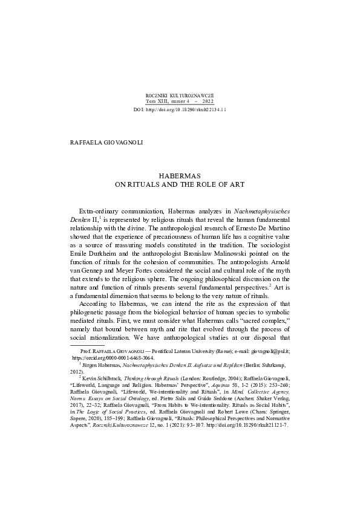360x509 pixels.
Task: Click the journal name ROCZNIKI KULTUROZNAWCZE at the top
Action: (x=180, y=96)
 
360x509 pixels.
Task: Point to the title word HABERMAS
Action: (x=179, y=174)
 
